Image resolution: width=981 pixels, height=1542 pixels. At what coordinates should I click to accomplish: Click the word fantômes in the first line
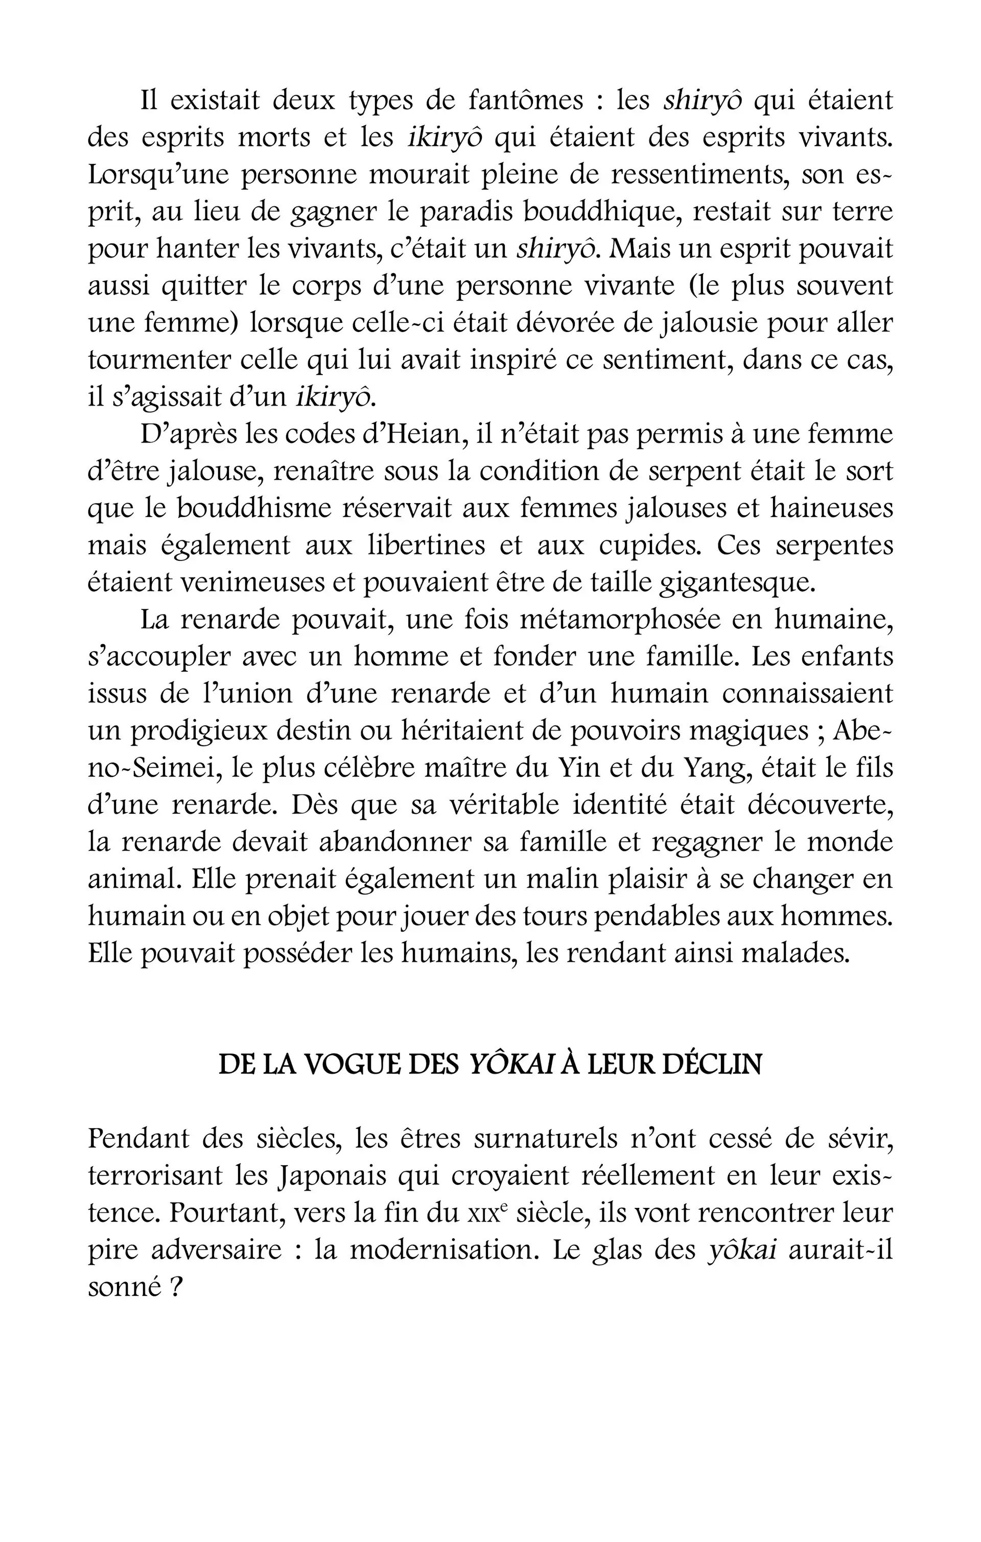[x=525, y=101]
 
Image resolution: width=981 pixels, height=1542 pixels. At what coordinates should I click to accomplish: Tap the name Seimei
[x=177, y=768]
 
